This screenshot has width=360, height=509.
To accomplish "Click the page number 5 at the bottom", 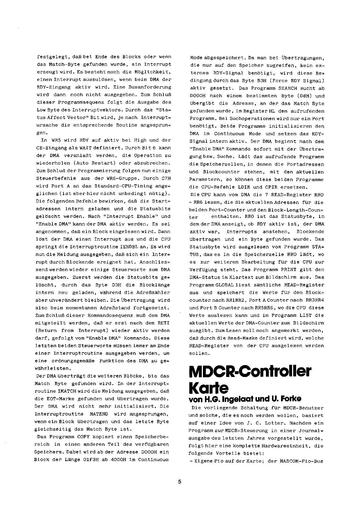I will tap(180, 482).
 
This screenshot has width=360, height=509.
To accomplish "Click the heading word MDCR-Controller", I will tap(250, 372).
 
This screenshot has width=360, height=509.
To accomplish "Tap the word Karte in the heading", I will tap(208, 388).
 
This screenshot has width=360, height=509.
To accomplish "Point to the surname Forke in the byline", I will tap(291, 399).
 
